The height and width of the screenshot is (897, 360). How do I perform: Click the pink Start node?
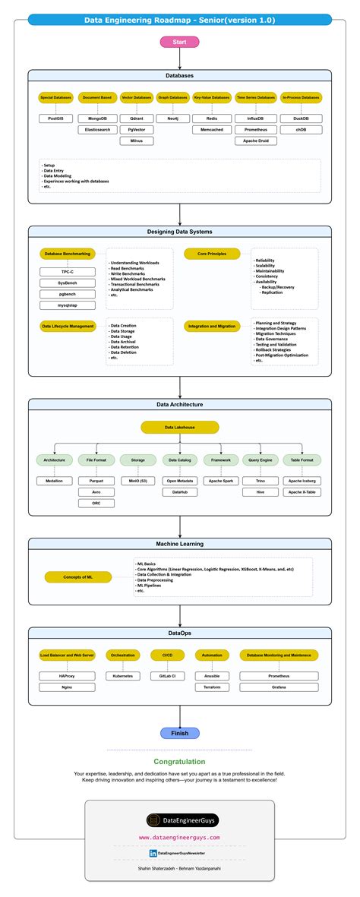pyautogui.click(x=180, y=42)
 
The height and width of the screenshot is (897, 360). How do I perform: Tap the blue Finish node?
pyautogui.click(x=180, y=733)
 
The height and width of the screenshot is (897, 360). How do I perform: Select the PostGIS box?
pyautogui.click(x=55, y=118)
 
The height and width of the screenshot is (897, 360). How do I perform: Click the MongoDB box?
pyautogui.click(x=96, y=118)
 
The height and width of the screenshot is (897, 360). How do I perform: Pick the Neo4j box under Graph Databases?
pyautogui.click(x=172, y=118)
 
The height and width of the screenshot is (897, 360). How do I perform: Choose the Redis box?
pyautogui.click(x=211, y=118)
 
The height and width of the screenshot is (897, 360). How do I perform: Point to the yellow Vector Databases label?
pyautogui.click(x=137, y=98)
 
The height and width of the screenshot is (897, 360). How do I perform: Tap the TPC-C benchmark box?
pyautogui.click(x=68, y=271)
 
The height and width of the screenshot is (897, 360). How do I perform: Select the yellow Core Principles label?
pyautogui.click(x=211, y=254)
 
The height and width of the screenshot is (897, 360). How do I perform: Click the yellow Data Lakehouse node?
pyautogui.click(x=180, y=428)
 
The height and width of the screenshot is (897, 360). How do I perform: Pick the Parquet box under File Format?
pyautogui.click(x=96, y=480)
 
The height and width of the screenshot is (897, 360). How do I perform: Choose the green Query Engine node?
pyautogui.click(x=261, y=460)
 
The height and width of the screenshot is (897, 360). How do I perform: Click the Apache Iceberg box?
pyautogui.click(x=302, y=480)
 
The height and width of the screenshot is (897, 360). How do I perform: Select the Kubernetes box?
pyautogui.click(x=122, y=675)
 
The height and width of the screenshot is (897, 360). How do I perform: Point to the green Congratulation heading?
pyautogui.click(x=180, y=761)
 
